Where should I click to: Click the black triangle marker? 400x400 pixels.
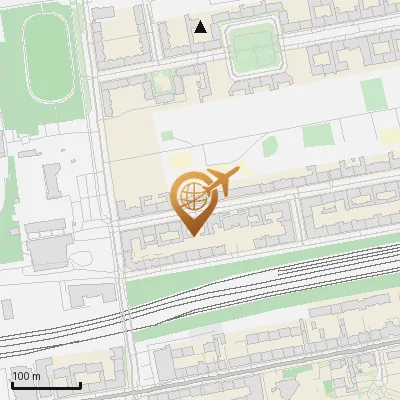(x=201, y=27)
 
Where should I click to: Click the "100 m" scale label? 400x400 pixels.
(x=26, y=376)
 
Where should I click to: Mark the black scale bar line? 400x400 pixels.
(x=45, y=385)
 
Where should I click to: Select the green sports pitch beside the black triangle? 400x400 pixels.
(x=256, y=47)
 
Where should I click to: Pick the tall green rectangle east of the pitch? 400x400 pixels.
(x=372, y=96)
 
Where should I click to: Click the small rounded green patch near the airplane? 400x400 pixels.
(x=269, y=147)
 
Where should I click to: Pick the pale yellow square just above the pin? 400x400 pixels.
(x=181, y=160)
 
